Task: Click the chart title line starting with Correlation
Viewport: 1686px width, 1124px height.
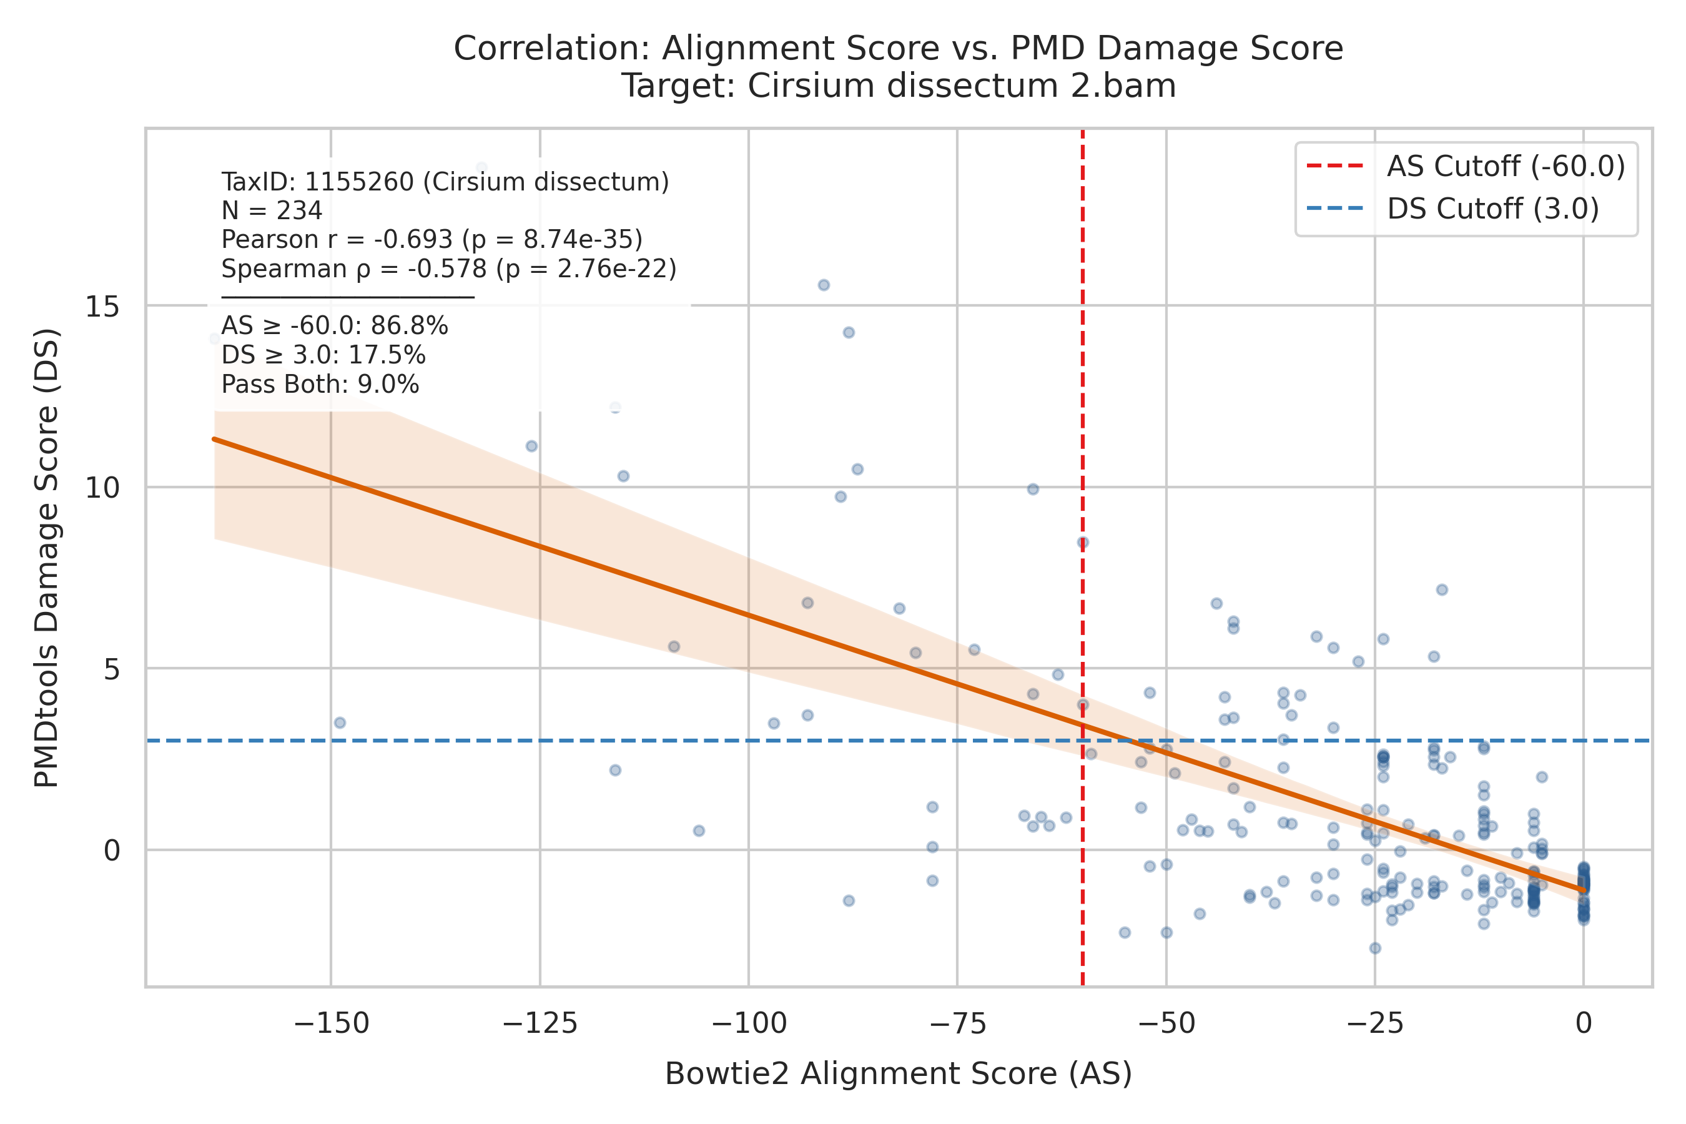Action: click(898, 49)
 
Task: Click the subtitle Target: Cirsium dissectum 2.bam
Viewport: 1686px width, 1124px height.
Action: click(898, 86)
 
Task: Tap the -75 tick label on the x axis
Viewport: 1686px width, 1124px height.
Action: click(957, 1023)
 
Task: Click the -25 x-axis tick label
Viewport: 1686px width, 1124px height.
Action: click(1375, 1023)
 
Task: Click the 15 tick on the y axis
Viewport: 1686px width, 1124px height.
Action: click(102, 306)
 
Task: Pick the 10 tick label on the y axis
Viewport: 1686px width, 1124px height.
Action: click(102, 488)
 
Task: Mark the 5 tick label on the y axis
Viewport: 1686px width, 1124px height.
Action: click(112, 669)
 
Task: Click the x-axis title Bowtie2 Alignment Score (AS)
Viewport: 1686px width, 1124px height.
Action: click(898, 1074)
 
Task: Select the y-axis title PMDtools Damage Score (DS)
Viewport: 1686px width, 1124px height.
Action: click(47, 558)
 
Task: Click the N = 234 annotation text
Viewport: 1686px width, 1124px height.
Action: click(272, 211)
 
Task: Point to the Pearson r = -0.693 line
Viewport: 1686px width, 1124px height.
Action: click(431, 239)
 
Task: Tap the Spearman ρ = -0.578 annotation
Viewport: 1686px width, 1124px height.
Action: click(449, 269)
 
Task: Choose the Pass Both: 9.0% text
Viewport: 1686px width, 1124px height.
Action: click(320, 384)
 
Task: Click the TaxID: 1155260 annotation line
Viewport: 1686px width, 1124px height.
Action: click(445, 182)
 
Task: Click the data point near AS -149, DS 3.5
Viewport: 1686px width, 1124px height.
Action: click(340, 722)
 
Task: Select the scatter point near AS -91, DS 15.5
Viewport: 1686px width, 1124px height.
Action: click(824, 285)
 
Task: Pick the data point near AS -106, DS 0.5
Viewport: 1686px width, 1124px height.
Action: click(699, 831)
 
